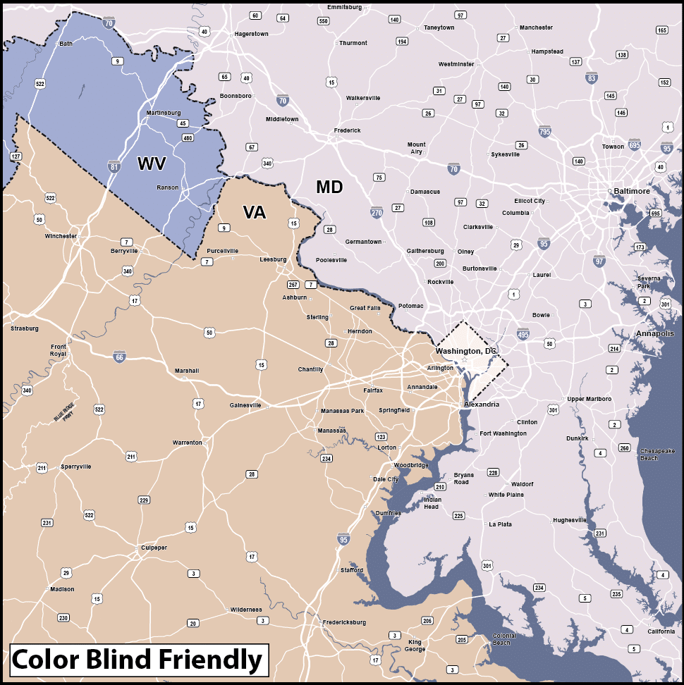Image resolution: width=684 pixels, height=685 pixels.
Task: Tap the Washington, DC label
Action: [x=465, y=351]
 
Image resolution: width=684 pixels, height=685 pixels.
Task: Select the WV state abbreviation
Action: [x=152, y=164]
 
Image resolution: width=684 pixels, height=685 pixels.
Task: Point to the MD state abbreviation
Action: [x=329, y=187]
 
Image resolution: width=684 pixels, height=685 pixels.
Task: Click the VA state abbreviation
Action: [x=254, y=212]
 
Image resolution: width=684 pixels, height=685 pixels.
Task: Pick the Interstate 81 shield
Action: [x=114, y=166]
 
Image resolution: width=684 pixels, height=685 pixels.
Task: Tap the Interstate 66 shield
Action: [x=121, y=357]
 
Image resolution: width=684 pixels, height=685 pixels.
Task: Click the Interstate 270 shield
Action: [x=377, y=211]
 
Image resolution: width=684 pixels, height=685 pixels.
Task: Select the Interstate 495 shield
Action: [x=523, y=333]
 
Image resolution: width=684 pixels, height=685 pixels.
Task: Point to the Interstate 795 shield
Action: [x=544, y=131]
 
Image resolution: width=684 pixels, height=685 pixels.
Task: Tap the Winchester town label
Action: [x=61, y=236]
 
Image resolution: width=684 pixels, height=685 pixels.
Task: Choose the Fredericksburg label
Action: [x=344, y=622]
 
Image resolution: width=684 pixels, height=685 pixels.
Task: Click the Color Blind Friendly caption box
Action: [x=138, y=660]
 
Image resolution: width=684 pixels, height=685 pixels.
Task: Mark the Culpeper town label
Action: [x=154, y=548]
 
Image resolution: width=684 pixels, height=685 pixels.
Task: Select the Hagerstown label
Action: [x=252, y=33]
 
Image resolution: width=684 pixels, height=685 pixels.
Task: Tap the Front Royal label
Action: [x=59, y=351]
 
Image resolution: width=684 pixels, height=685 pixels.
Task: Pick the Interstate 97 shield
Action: [x=599, y=261]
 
